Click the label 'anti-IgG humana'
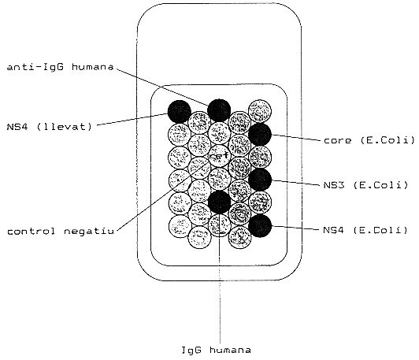[60, 67]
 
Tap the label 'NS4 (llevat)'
[50, 126]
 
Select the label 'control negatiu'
[61, 231]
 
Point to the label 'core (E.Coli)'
[369, 140]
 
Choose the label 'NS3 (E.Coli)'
[365, 185]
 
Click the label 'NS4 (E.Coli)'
[365, 230]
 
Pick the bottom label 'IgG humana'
[216, 350]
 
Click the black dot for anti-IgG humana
[219, 110]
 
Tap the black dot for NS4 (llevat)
[180, 111]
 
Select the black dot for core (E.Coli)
[260, 135]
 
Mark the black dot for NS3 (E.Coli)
[260, 180]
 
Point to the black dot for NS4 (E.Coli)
[260, 225]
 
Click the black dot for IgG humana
[219, 202]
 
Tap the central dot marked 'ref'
[219, 156]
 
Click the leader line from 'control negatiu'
[163, 195]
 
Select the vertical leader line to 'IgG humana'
[220, 278]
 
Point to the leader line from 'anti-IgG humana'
[162, 87]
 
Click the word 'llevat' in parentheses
[65, 126]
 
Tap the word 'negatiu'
[89, 232]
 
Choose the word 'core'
[337, 140]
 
